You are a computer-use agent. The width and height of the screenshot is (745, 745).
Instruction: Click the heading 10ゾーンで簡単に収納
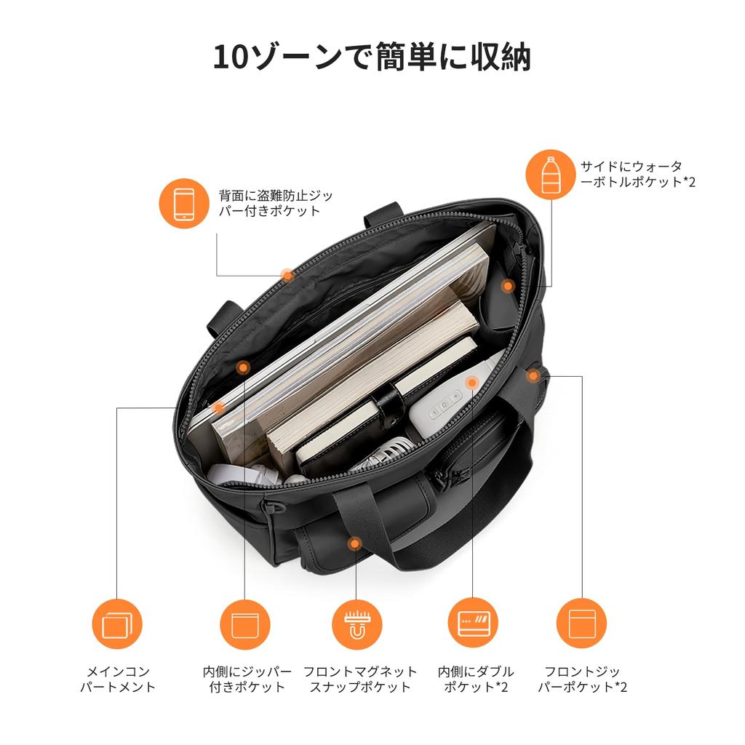point(372,57)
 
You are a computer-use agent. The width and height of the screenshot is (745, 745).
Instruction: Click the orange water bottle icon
point(551,173)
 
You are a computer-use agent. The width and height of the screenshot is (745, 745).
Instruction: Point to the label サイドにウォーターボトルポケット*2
point(637,174)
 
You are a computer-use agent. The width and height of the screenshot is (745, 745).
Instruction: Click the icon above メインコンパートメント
point(117,624)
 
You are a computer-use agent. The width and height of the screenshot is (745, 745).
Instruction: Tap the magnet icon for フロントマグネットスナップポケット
point(356,624)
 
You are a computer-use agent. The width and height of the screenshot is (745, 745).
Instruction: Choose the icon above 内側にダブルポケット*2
point(473,624)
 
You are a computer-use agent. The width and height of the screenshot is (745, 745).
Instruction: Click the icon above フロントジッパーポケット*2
point(581,624)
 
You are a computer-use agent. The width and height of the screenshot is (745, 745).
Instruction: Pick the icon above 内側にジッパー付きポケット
point(245,624)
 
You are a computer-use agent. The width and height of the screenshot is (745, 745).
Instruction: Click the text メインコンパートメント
point(118,679)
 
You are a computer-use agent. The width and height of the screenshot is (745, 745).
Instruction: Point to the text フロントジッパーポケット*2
point(582,679)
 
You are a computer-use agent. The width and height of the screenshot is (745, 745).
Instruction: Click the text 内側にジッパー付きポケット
point(247,679)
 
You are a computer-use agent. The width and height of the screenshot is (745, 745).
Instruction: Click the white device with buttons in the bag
point(444,407)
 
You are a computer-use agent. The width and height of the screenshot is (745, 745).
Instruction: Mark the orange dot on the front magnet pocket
point(354,543)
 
